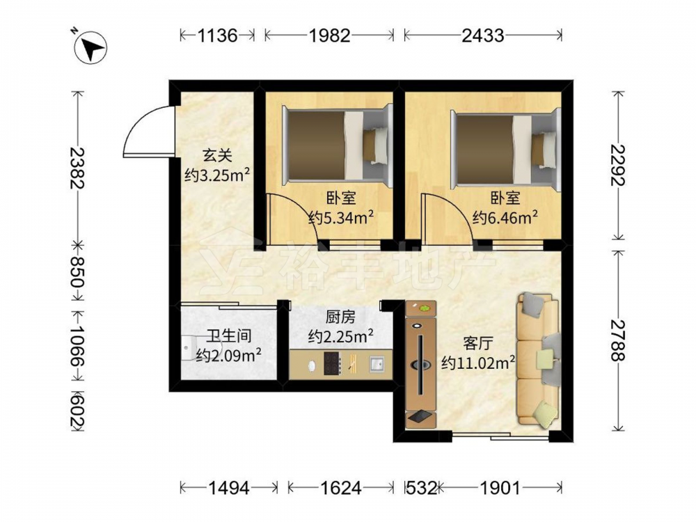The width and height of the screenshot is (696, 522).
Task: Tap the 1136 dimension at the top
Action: [x=217, y=35]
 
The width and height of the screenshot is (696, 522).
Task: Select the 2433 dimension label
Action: [x=483, y=35]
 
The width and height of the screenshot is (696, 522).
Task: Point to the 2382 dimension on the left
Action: [x=77, y=168]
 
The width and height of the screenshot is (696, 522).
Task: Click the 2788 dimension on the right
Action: [x=617, y=341]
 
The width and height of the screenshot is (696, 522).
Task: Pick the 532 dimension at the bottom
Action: [x=421, y=489]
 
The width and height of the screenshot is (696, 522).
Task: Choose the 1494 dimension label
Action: [x=229, y=489]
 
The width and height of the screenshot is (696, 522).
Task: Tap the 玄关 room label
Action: [x=217, y=155]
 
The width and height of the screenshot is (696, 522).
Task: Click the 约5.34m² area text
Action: [x=341, y=217]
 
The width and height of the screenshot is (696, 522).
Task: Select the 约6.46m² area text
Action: [x=505, y=217]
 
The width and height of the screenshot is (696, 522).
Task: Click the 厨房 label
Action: [x=340, y=317]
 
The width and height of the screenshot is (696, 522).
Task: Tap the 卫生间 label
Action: [x=228, y=335]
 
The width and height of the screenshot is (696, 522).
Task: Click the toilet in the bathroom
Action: [x=188, y=349]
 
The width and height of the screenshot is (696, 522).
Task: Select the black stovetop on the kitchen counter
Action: [x=332, y=363]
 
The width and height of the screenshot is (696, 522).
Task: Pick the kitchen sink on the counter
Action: [x=377, y=364]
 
